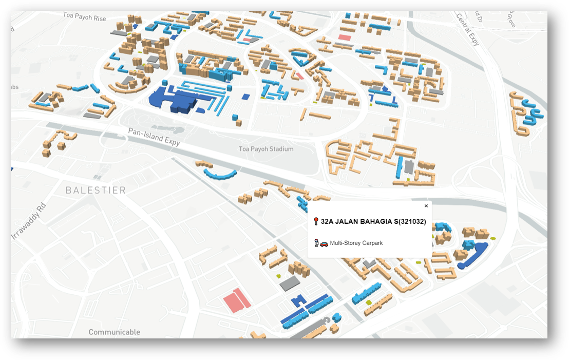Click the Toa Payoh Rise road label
84,16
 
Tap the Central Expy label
468,29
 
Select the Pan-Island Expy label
154,137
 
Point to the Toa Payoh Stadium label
266,149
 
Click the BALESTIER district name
96,191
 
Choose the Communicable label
114,332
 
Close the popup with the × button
426,206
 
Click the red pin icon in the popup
316,222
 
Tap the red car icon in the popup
324,243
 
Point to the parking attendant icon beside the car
316,243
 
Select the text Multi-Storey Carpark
356,243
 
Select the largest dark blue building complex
177,99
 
